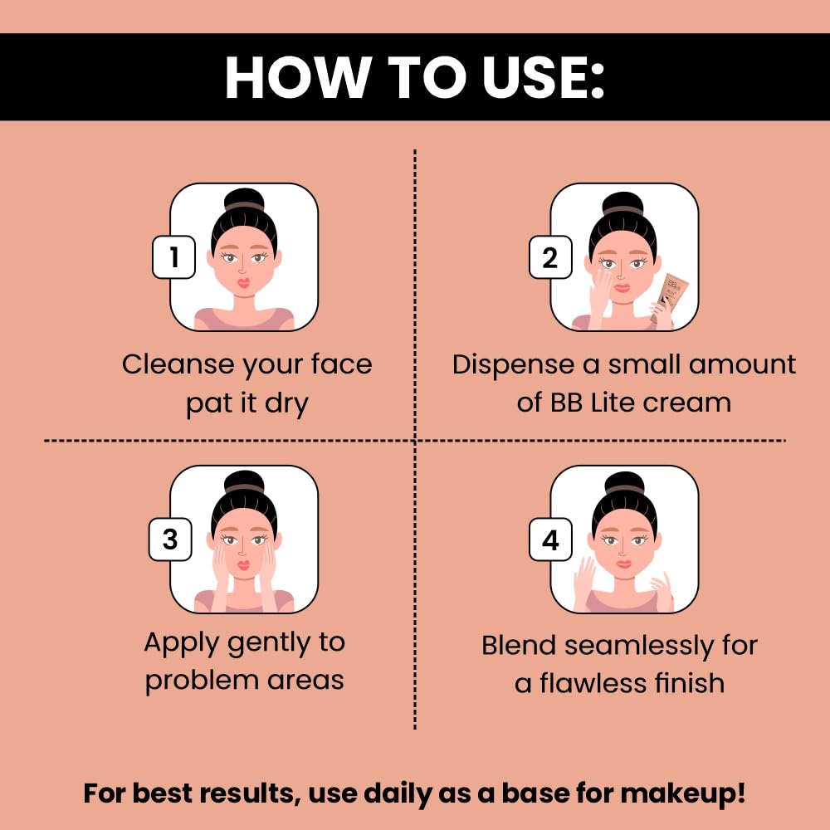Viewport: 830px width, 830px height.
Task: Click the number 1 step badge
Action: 173,257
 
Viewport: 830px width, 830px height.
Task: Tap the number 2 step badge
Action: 550,257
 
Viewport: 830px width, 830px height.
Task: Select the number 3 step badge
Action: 170,539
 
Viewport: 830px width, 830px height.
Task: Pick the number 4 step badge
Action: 550,539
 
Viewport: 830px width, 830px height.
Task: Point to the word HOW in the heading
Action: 298,77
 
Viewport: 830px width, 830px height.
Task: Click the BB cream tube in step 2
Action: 669,297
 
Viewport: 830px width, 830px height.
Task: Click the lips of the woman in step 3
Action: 243,565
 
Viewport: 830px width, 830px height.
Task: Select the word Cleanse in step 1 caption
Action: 178,364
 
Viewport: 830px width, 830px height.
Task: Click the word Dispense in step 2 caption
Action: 514,364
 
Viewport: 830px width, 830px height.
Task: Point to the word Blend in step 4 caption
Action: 519,645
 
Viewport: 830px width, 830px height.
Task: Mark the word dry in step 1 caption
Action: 286,404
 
